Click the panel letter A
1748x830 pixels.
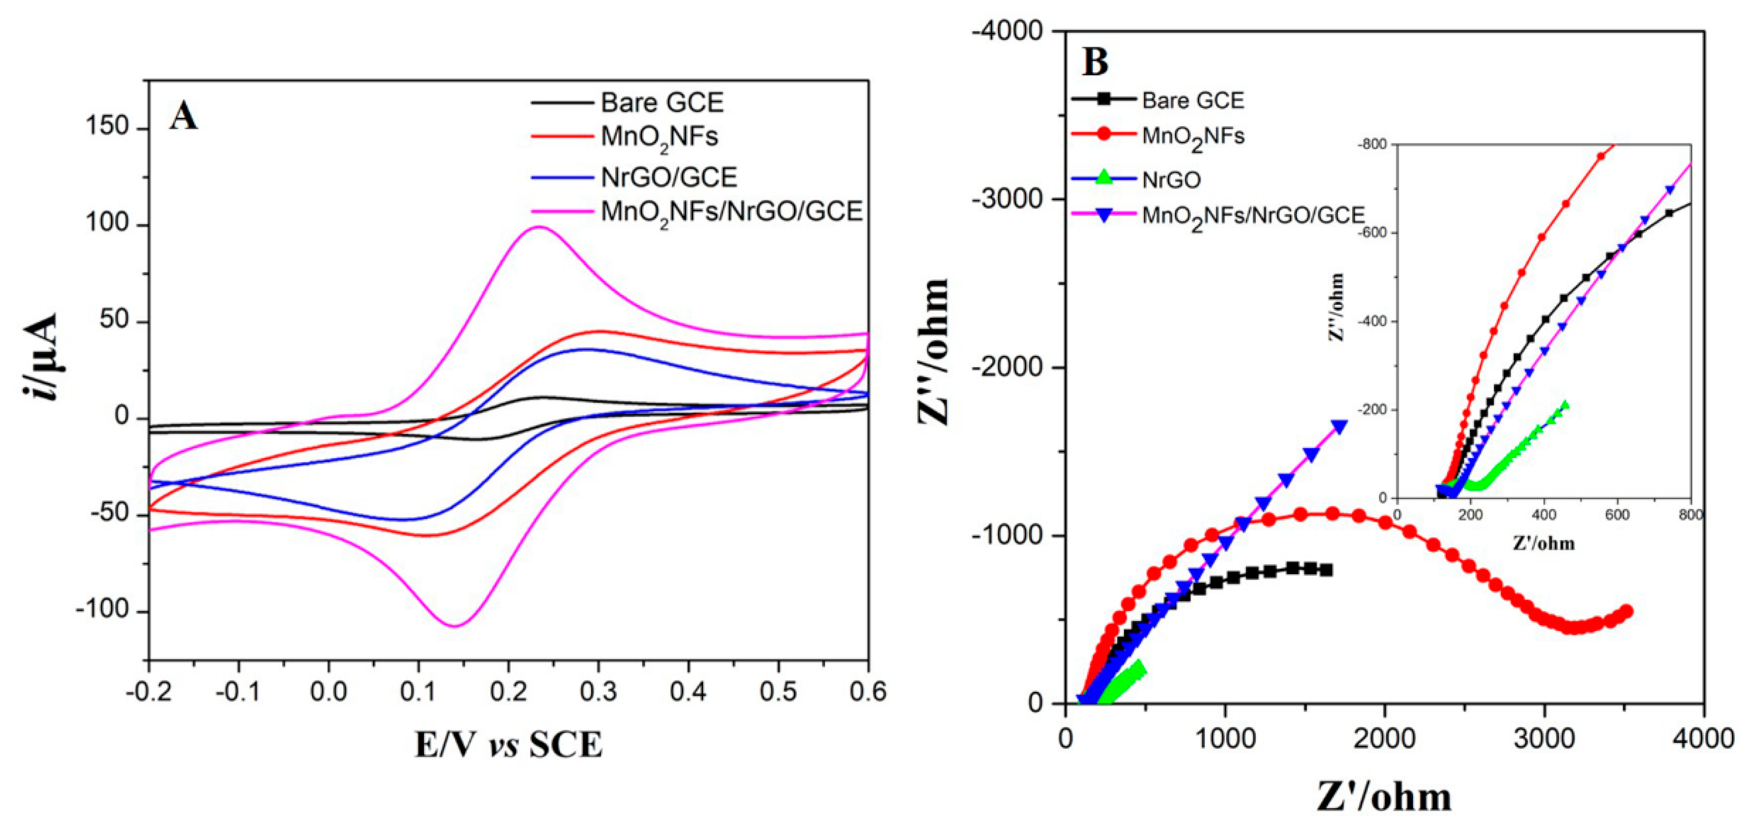183,116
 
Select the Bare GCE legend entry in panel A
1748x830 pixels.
661,103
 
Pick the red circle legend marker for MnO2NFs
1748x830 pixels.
1104,134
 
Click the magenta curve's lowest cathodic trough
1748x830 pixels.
453,625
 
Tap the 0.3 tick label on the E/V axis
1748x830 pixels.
598,691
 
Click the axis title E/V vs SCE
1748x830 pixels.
508,745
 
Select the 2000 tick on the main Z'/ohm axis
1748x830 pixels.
1384,737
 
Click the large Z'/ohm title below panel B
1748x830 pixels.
1384,796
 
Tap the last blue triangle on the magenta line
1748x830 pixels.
1339,426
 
